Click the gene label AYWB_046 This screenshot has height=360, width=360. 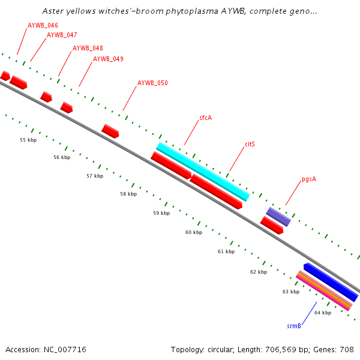pos(43,26)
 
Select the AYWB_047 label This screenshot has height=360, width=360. pos(62,35)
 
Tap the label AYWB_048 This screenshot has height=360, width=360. pos(88,48)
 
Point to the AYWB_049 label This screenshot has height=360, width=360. pos(108,59)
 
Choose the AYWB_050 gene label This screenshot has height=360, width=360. pos(152,83)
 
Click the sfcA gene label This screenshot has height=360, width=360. pos(206,118)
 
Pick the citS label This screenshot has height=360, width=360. pos(250,145)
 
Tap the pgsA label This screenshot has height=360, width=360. pos(309,179)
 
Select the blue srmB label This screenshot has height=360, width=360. pos(293,326)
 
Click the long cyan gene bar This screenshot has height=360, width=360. pos(203,172)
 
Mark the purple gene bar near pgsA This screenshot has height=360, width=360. pos(278,217)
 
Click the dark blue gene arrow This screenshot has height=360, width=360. pos(331,282)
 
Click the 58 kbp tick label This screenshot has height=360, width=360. pos(128,194)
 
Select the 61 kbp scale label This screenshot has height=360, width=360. pos(226,251)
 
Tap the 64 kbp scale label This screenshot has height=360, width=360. pos(323,313)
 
